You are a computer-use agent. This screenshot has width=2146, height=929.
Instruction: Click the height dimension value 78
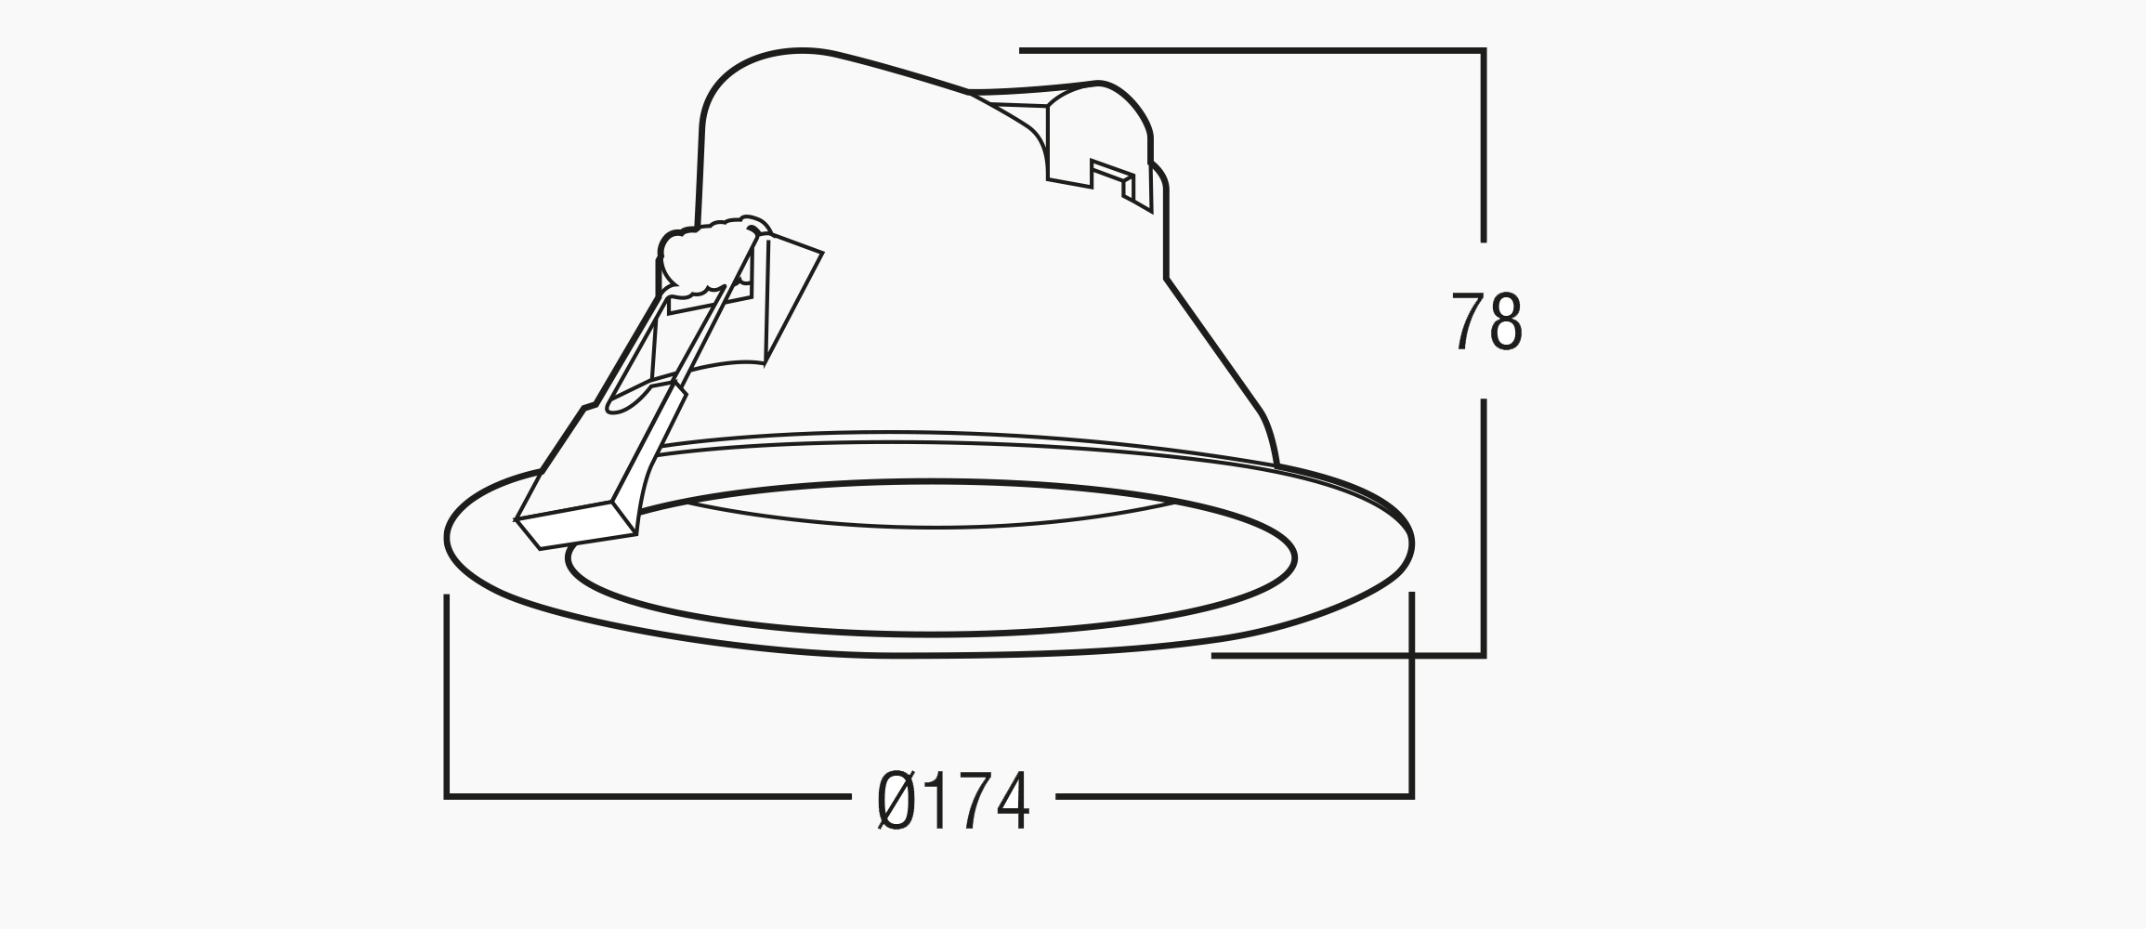point(1486,321)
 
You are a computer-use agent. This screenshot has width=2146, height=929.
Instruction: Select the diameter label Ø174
point(953,800)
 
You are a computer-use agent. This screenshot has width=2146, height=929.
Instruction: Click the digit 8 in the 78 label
point(1506,321)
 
